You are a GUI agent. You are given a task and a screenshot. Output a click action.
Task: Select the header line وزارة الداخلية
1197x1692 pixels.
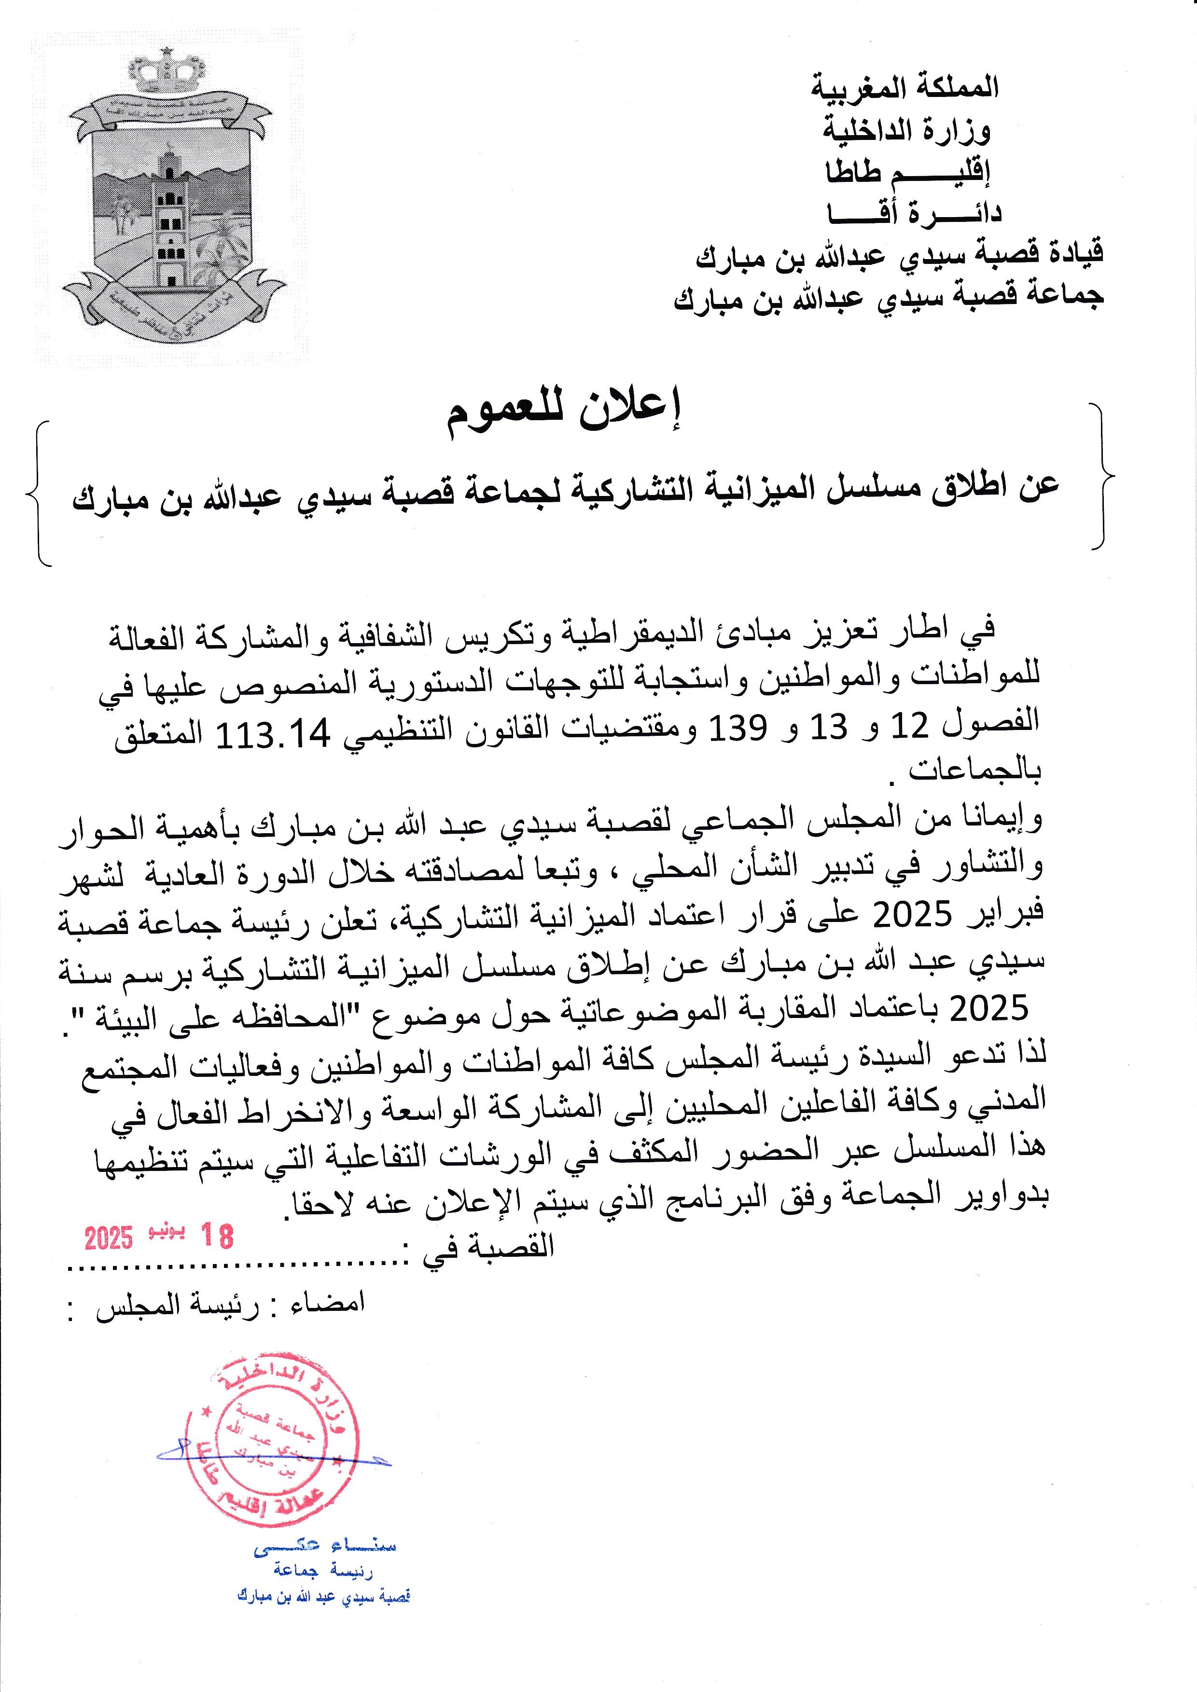coord(906,131)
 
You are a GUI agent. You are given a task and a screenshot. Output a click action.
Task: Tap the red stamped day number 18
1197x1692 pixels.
coord(216,1236)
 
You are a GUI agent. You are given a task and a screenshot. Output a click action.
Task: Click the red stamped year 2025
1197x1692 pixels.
coord(108,1238)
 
